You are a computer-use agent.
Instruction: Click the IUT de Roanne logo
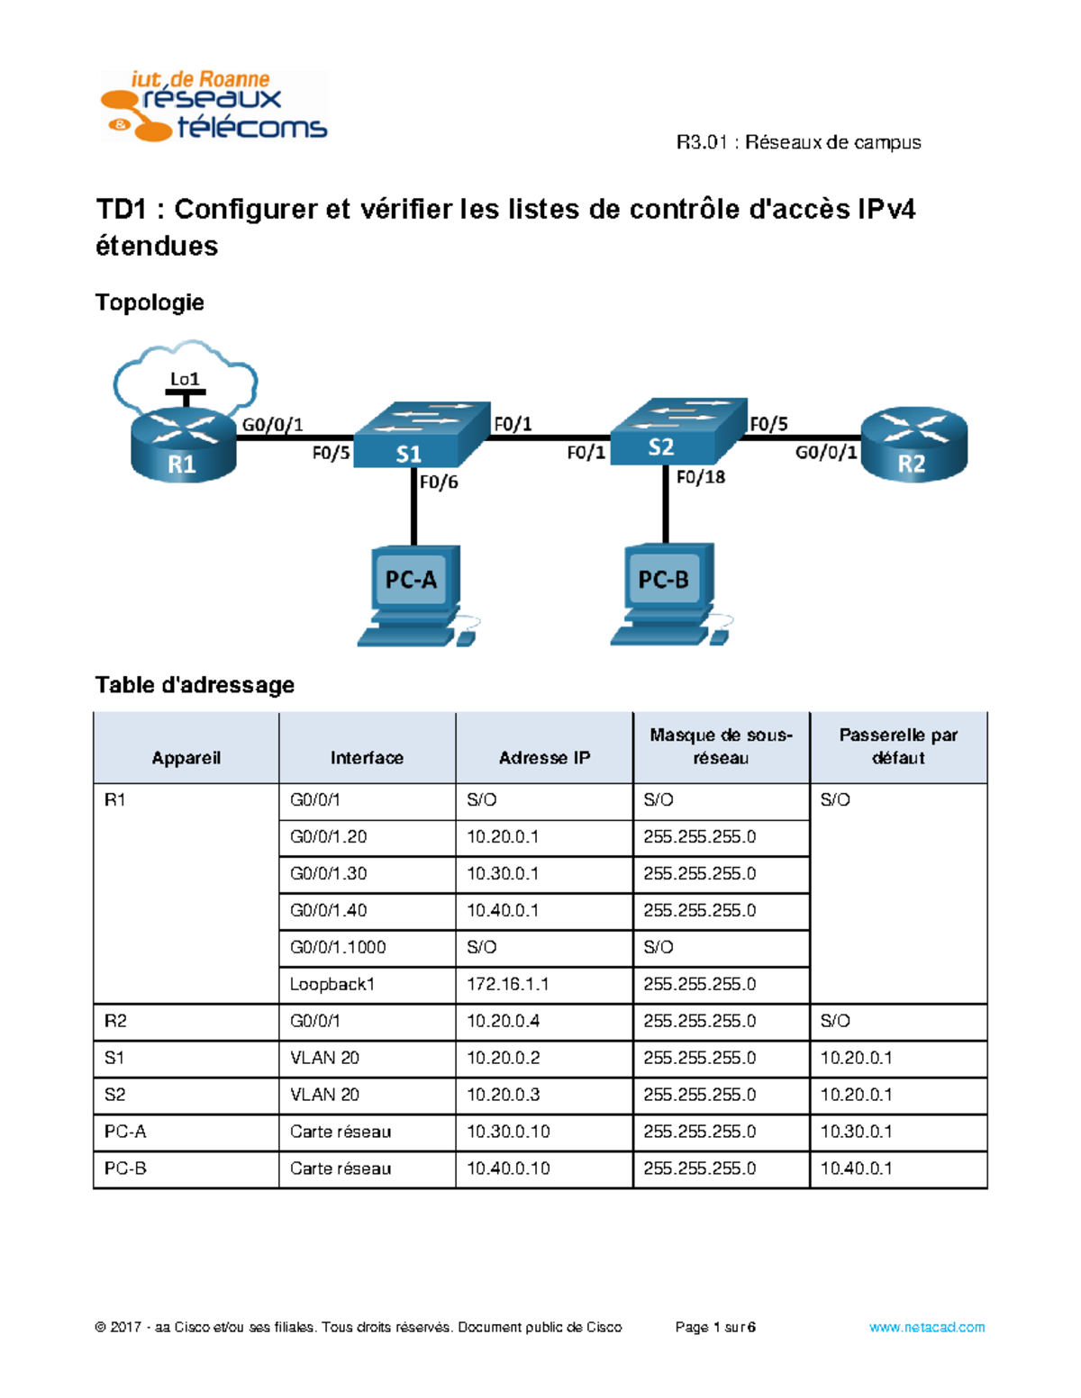(213, 106)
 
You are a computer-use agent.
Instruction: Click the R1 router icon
(184, 446)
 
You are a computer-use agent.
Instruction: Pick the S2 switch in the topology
(677, 431)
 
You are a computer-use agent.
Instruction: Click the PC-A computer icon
(415, 594)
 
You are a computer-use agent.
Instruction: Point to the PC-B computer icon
(668, 593)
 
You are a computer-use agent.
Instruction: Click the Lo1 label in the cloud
(185, 379)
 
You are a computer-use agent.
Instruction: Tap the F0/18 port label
(700, 477)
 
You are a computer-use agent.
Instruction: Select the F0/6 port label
(439, 483)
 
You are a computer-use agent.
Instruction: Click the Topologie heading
(150, 302)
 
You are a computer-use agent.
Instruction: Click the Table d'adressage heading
(195, 685)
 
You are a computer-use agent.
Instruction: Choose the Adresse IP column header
(544, 758)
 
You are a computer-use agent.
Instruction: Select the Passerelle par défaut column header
(898, 746)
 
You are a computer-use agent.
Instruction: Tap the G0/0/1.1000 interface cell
(338, 947)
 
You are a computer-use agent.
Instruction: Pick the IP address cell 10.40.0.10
(508, 1168)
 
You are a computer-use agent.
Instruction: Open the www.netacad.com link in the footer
(926, 1327)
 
